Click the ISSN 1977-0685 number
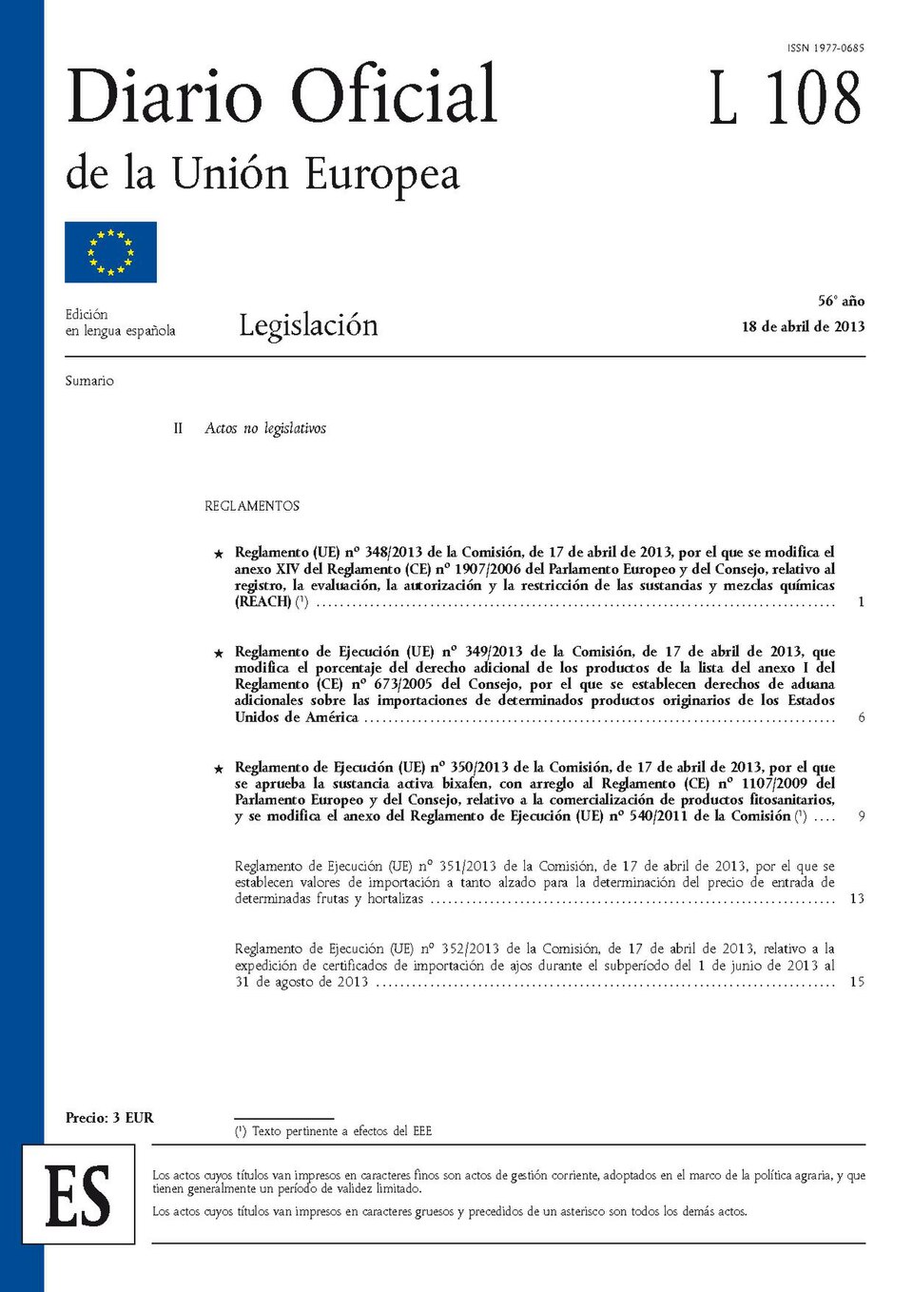tap(826, 48)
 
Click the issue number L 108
tap(786, 98)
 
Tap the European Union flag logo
tap(110, 252)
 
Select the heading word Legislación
tap(308, 325)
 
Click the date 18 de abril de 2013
tap(803, 326)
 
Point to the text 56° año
tap(841, 301)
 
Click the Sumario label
tap(89, 381)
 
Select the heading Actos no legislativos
tap(265, 428)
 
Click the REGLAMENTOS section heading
tap(252, 506)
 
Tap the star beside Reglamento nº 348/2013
tap(219, 554)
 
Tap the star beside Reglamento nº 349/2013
tap(219, 654)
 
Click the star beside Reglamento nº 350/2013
tap(219, 769)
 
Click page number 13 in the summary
tap(857, 898)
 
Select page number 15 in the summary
tap(857, 982)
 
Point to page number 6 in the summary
tap(861, 717)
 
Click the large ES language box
tap(79, 1195)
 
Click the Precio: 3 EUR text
tap(109, 1118)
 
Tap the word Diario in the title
tap(165, 97)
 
